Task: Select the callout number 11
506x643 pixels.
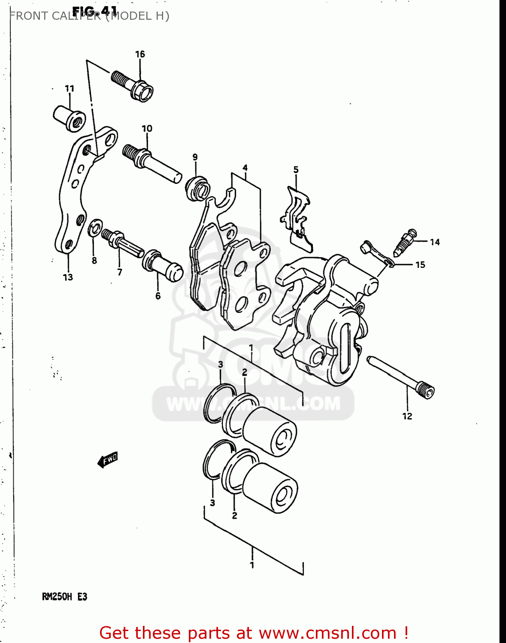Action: point(70,89)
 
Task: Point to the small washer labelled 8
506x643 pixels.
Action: point(94,228)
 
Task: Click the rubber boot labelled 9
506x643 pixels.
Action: point(197,187)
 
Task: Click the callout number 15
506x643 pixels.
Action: point(420,265)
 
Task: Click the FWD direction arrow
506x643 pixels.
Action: point(108,460)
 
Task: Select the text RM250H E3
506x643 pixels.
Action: point(64,597)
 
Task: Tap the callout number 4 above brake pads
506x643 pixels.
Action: point(245,168)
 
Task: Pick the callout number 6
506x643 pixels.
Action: point(158,296)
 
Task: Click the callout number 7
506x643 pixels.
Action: point(120,272)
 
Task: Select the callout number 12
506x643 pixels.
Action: point(407,416)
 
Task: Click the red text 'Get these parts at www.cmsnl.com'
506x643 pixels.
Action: point(253,633)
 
